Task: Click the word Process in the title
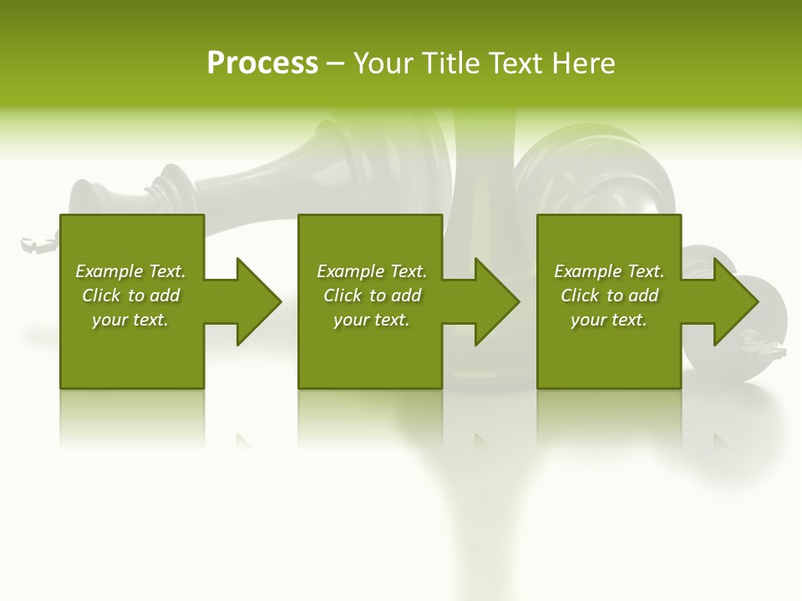262,63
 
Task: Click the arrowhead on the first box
258,301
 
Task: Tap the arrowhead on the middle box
497,301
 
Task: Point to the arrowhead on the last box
736,301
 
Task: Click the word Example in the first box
109,271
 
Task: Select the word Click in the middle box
343,295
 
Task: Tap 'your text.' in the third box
609,320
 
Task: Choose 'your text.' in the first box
130,320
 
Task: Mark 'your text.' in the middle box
371,320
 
